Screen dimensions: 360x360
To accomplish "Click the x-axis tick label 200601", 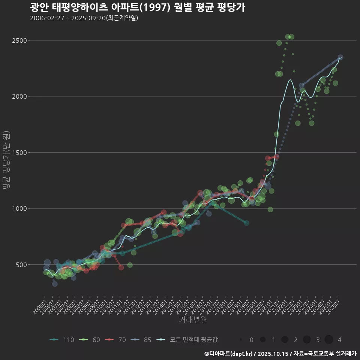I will coord(39,305).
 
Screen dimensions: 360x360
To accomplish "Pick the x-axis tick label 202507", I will coord(334,305).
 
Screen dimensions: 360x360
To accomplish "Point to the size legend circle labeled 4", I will coord(329,340).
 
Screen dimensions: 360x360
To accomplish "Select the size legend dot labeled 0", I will coord(241,340).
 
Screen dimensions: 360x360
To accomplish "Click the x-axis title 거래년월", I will coord(193,319).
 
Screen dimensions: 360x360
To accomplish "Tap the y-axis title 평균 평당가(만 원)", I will coord(6,161).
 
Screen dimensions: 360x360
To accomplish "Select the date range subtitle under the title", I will coord(84,18).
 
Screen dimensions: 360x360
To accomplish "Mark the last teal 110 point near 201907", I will coord(246,223).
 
